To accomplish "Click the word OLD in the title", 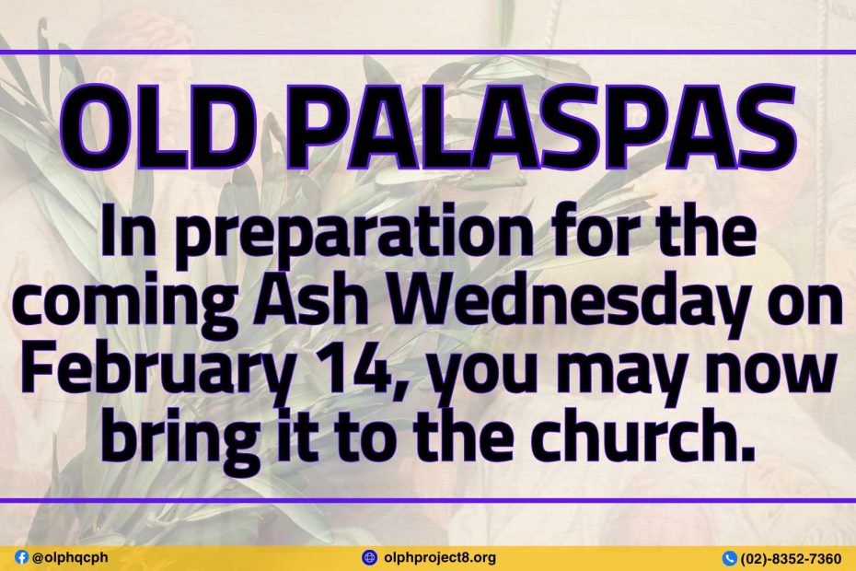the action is pos(151,128).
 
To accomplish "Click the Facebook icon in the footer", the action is pos(22,557).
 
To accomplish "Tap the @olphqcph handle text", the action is pos(70,557).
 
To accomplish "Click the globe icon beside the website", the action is pos(370,557).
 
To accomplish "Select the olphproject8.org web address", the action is pos(440,558).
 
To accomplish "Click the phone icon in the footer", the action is pos(729,558).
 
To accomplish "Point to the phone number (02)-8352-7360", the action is pos(791,558).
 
